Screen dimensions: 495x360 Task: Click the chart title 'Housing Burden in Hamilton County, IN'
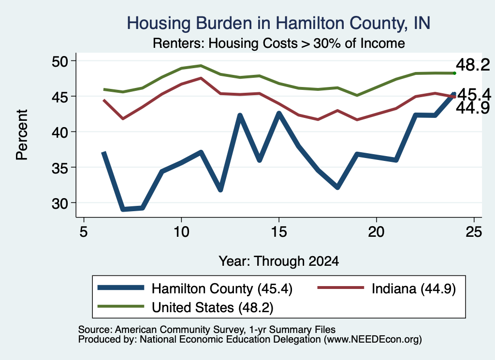278,23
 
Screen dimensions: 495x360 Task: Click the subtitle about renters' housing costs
279,43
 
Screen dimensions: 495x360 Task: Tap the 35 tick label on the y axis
60,168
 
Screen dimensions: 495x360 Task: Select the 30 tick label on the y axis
60,203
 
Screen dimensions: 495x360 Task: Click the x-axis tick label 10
181,232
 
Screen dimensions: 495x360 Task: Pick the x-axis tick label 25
474,232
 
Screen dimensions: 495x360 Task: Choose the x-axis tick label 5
84,232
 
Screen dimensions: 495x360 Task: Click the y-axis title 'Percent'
22,135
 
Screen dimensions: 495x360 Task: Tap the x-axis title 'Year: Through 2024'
279,261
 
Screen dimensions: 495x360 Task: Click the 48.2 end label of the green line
473,65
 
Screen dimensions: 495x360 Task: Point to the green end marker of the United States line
454,73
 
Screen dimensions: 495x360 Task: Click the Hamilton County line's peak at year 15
279,113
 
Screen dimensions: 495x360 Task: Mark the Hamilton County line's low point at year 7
123,209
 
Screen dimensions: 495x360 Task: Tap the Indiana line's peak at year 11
201,78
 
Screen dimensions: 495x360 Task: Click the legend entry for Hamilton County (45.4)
195,288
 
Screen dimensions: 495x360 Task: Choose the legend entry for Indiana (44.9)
387,288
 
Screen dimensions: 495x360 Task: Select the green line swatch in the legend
120,306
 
